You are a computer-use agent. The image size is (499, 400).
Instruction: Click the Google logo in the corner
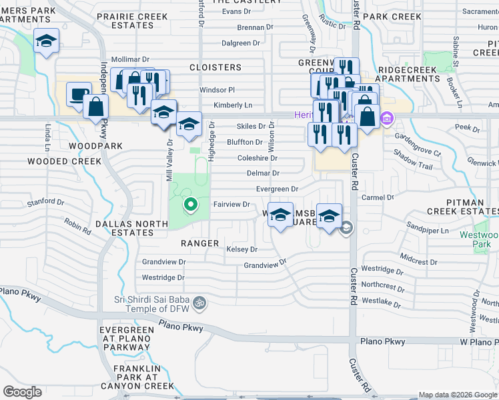22,392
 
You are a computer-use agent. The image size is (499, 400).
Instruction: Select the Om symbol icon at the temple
198,304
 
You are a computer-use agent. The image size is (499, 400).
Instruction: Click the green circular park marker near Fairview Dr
190,205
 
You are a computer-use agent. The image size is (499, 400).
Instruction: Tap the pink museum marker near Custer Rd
386,120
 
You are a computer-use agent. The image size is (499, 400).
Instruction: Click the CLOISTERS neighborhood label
215,67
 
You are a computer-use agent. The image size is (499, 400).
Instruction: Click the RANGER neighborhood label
199,243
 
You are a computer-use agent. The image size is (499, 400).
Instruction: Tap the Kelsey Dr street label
241,249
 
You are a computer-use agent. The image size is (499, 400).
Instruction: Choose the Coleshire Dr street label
257,158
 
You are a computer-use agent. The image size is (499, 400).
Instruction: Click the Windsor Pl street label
217,90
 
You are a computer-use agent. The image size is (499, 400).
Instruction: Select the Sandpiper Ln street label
425,227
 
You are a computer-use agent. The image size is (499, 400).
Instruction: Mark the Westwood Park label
479,239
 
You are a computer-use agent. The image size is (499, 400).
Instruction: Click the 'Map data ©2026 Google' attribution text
458,395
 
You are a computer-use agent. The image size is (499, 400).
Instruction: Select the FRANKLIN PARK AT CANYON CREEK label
143,377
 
